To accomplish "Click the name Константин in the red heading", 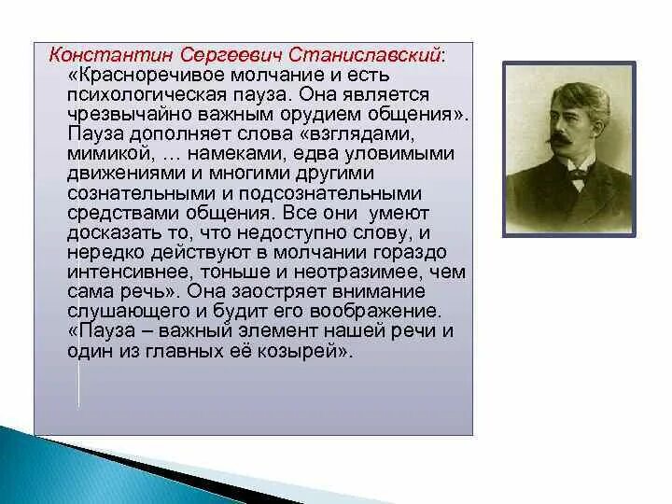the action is click(110, 55).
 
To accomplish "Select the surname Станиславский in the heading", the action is click(364, 55).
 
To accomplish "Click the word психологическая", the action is click(147, 95).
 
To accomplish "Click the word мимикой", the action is click(111, 153).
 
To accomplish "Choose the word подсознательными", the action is click(330, 194).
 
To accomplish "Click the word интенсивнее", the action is click(130, 273).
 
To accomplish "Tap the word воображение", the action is click(375, 312).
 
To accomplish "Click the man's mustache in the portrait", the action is click(563, 139).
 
